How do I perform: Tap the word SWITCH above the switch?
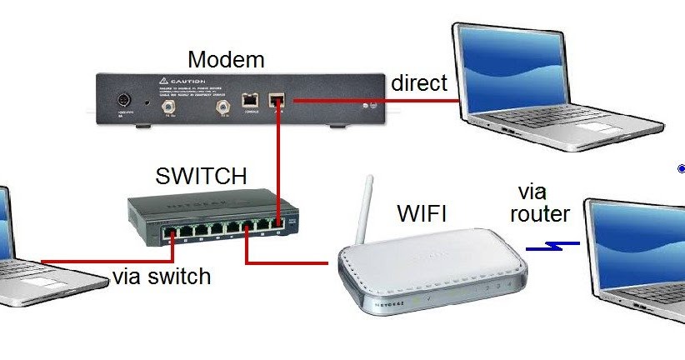[x=201, y=177]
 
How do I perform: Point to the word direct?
[x=419, y=83]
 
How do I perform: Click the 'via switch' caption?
[x=162, y=276]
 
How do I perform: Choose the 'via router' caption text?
[x=539, y=202]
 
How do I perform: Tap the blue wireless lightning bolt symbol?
[x=553, y=246]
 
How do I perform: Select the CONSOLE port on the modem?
[x=249, y=99]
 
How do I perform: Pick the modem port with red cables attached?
[x=277, y=100]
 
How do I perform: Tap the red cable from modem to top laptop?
[x=375, y=101]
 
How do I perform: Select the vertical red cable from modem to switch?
[x=278, y=158]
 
